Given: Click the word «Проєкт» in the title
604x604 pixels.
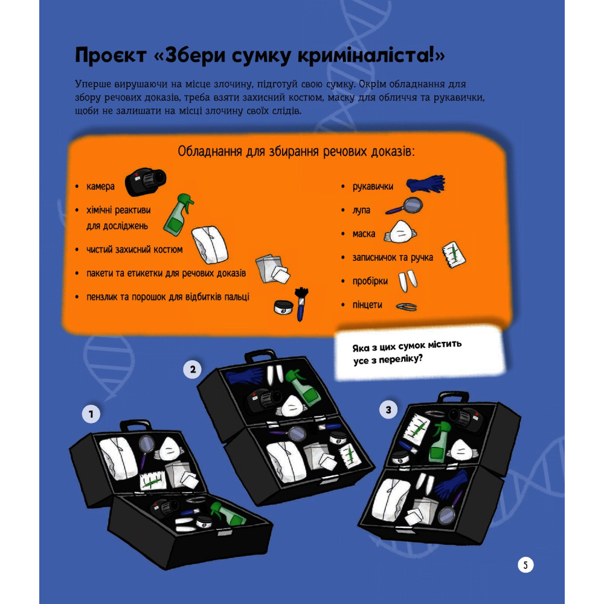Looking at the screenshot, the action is coord(111,55).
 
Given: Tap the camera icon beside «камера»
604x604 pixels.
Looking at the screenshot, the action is coord(145,181).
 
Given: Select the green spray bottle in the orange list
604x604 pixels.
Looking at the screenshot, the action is coord(178,214).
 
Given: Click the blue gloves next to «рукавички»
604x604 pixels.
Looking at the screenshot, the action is coord(426,184).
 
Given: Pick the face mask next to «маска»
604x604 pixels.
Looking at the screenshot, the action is coord(400,232).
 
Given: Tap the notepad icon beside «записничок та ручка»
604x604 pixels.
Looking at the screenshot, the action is coord(454,254).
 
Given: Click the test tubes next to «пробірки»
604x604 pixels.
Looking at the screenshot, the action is coord(408,281).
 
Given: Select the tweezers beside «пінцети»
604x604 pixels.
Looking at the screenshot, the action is coord(406,307).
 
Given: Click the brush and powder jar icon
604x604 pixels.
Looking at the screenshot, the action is coord(291,304).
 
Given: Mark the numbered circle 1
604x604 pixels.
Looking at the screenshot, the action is coord(91,414).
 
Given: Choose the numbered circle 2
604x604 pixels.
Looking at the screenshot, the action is coord(192,370).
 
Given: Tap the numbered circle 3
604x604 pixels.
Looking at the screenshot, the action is coord(388,410).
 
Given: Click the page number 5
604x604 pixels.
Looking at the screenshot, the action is coord(525,565).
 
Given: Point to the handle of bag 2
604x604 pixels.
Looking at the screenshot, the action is coord(260,355).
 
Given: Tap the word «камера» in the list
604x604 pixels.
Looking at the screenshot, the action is coord(100,187).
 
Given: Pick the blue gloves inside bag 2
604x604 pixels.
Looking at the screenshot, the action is coord(244,374).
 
